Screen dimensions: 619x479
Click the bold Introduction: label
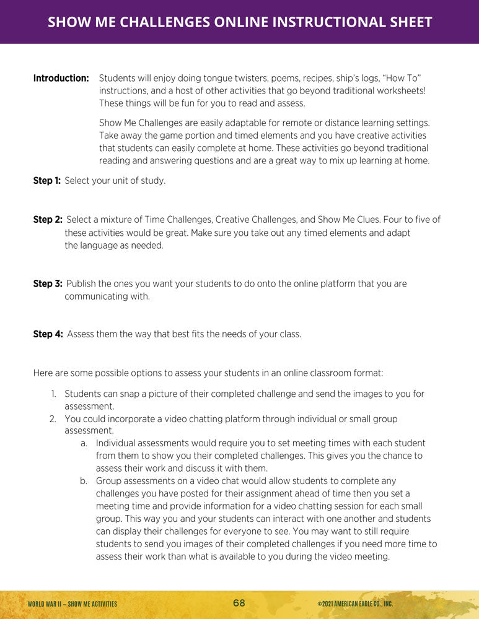61,79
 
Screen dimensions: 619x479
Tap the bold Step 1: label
47,181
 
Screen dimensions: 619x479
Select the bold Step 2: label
48,220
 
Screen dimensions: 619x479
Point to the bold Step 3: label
48,284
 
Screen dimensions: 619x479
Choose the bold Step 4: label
48,334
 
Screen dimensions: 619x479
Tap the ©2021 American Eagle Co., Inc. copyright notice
354,604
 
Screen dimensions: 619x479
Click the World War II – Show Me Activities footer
73,604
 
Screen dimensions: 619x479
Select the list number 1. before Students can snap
53,394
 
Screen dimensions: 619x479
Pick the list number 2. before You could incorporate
53,419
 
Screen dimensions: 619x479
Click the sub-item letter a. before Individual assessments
84,444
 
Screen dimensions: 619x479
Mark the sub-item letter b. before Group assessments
84,481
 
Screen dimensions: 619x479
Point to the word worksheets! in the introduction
399,91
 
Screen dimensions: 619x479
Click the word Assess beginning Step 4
81,334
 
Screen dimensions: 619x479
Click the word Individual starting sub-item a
116,444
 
